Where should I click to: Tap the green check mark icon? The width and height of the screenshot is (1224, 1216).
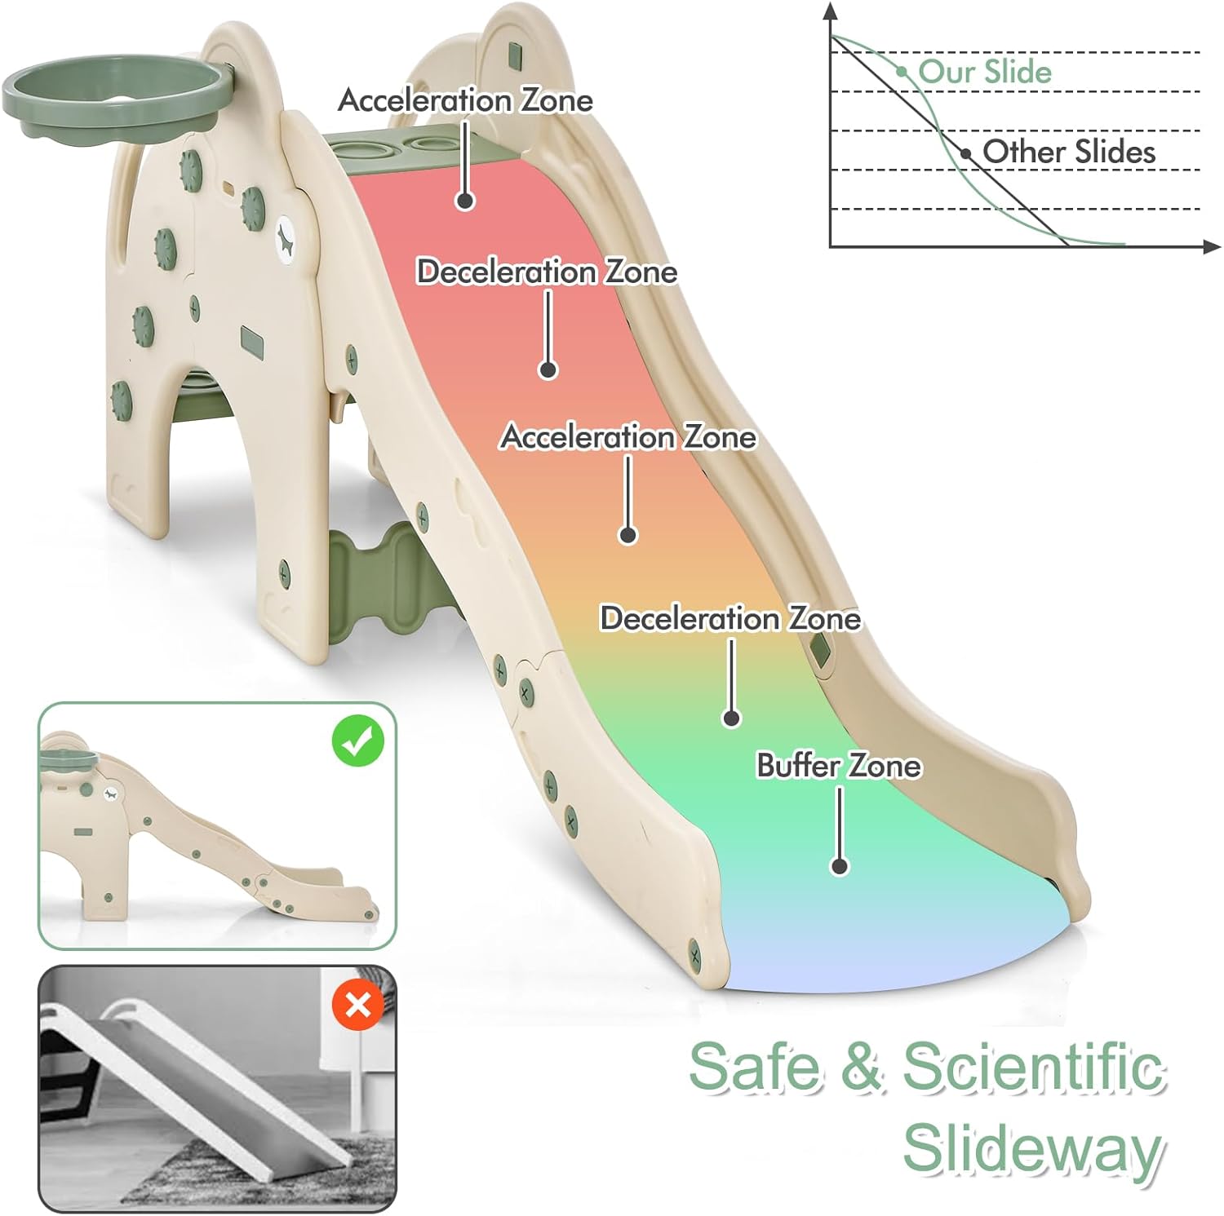click(x=357, y=741)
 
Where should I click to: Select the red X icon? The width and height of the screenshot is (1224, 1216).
click(x=357, y=1005)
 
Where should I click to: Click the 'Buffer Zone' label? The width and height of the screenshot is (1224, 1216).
click(x=838, y=766)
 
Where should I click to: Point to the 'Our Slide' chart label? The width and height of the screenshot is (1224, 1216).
click(x=985, y=71)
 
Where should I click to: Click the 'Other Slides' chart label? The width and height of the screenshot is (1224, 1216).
click(x=1069, y=151)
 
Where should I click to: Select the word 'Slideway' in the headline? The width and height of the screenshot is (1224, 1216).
click(x=1032, y=1147)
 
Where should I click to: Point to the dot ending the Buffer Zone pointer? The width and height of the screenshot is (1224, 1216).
click(x=839, y=866)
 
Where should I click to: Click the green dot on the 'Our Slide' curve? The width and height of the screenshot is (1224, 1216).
click(x=902, y=72)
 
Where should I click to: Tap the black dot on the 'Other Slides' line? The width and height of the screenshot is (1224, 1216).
click(x=966, y=153)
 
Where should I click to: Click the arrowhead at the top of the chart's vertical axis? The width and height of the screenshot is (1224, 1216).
click(x=830, y=11)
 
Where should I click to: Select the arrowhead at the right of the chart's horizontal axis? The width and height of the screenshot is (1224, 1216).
click(x=1213, y=245)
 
